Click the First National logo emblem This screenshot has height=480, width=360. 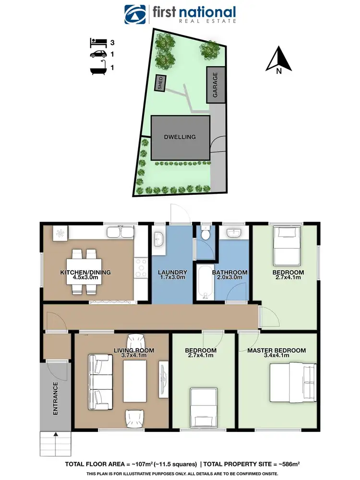tap(135, 14)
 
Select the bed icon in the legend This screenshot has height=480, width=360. tap(97, 42)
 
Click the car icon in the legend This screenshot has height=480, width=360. tap(97, 55)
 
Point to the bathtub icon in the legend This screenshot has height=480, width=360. tap(97, 68)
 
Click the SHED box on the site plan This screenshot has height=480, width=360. tap(160, 84)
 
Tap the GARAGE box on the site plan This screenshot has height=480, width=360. tap(216, 84)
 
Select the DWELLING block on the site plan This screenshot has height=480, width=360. tap(180, 137)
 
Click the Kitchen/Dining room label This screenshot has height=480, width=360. tap(85, 273)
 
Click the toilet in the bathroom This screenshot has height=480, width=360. tap(205, 234)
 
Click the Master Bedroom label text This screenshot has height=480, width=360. tap(276, 350)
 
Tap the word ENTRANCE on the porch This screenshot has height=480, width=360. tap(55, 398)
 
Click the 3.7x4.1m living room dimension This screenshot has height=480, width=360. tap(134, 356)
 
